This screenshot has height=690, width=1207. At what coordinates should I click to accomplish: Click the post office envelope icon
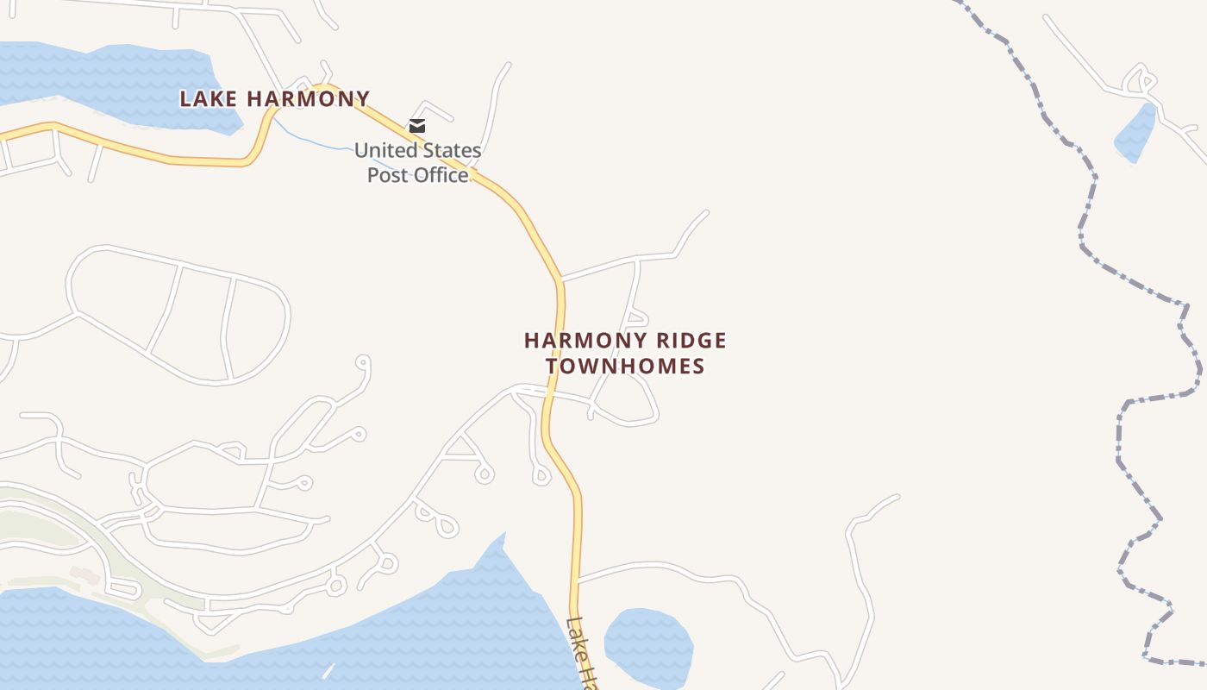pos(417,126)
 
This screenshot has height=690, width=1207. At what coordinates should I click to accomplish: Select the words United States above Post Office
pos(418,150)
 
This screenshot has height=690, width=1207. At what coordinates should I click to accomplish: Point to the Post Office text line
pos(418,175)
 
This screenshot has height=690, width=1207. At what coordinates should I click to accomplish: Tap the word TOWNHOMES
pos(625,366)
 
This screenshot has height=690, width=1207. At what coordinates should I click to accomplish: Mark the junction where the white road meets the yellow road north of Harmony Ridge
pos(560,279)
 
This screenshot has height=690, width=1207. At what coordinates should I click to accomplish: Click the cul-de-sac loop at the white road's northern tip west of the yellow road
pos(363,362)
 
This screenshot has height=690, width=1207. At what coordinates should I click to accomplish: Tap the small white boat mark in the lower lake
pos(328,670)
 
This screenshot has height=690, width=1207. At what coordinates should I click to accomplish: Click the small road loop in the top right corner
pos(1139,78)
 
